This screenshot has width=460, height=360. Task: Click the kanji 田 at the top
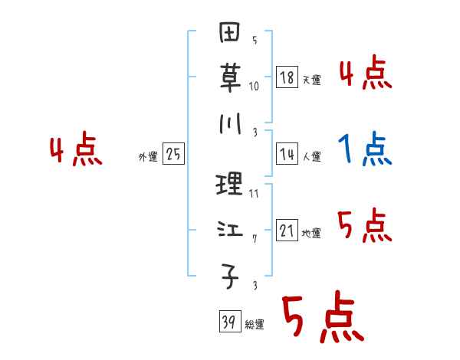(230, 35)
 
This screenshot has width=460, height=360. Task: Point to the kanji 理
(230, 185)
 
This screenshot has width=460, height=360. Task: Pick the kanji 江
(230, 230)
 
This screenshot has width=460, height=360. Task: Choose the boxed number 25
(173, 155)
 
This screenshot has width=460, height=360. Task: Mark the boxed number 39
(228, 322)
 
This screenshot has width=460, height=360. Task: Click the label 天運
(311, 80)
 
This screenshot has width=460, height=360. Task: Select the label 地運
(311, 234)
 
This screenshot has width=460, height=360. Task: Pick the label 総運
(255, 325)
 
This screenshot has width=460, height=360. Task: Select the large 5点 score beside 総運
(321, 319)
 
